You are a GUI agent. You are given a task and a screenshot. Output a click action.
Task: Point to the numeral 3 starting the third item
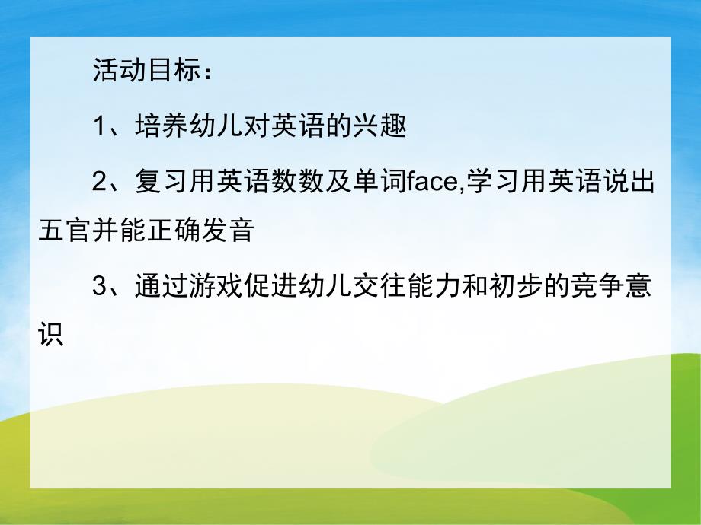pyautogui.click(x=98, y=288)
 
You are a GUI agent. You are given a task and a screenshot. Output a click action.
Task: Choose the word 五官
pyautogui.click(x=62, y=231)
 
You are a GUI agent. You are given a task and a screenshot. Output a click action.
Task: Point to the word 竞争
pyautogui.click(x=602, y=288)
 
